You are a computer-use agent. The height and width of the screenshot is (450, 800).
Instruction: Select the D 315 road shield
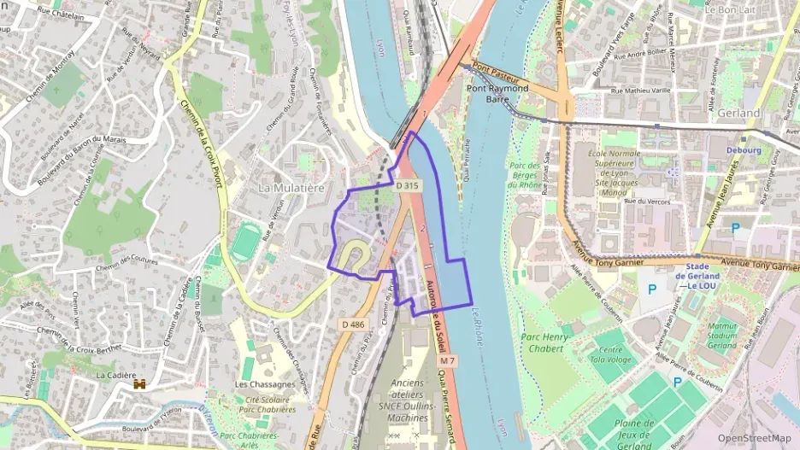[x=408, y=185]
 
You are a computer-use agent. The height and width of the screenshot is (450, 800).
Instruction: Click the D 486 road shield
[x=352, y=324]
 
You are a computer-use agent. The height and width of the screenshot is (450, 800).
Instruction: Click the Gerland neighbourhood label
[x=738, y=113]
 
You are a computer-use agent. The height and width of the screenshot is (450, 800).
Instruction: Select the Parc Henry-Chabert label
[x=545, y=342]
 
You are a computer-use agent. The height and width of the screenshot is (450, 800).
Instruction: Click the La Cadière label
[x=117, y=375]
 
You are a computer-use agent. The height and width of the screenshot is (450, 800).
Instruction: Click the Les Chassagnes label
[x=265, y=384]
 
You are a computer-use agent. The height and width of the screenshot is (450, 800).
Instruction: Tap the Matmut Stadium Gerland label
[x=722, y=336]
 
